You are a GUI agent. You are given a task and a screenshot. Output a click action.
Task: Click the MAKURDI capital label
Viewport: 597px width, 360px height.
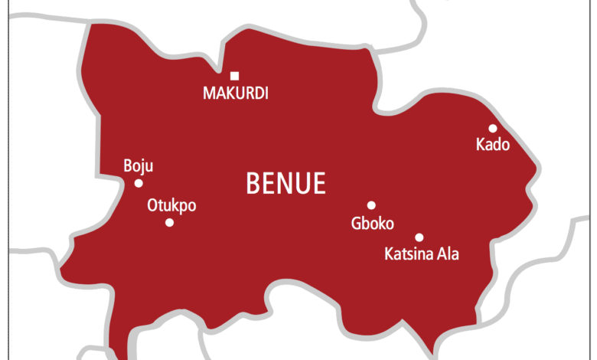(x=236, y=93)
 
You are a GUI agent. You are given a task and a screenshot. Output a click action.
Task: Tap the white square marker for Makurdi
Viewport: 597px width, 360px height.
(x=235, y=75)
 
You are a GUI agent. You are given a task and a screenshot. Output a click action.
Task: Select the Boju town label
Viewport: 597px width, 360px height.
(x=138, y=165)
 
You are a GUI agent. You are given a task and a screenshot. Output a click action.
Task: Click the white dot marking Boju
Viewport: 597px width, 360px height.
(x=139, y=183)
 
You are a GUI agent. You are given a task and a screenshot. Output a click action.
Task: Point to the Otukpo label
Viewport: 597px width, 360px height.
(x=171, y=205)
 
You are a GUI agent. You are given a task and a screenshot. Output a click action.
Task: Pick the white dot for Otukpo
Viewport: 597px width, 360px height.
(x=169, y=223)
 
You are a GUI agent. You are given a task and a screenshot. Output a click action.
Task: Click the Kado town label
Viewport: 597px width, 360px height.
(x=492, y=145)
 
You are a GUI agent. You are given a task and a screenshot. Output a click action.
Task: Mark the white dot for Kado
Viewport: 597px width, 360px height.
(x=493, y=129)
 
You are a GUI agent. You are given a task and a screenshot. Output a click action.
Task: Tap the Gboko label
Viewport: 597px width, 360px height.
(x=372, y=224)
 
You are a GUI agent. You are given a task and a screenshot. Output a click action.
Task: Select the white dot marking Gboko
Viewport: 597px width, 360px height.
(x=371, y=205)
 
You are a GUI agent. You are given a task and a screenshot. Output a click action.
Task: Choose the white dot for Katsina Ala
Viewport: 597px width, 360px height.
(x=419, y=237)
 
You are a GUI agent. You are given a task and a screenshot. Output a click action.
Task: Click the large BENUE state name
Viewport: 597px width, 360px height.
(x=285, y=184)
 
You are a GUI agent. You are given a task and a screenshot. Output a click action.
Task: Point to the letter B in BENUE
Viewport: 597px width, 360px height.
(x=252, y=184)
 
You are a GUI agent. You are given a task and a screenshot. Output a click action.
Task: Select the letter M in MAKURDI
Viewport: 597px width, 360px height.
(x=209, y=93)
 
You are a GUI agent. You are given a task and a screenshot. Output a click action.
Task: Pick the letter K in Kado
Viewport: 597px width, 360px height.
(x=480, y=145)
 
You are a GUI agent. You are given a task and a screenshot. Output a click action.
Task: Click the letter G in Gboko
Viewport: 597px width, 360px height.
(x=355, y=224)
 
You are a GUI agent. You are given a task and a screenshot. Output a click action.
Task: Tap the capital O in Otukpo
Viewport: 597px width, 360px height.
(x=152, y=205)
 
